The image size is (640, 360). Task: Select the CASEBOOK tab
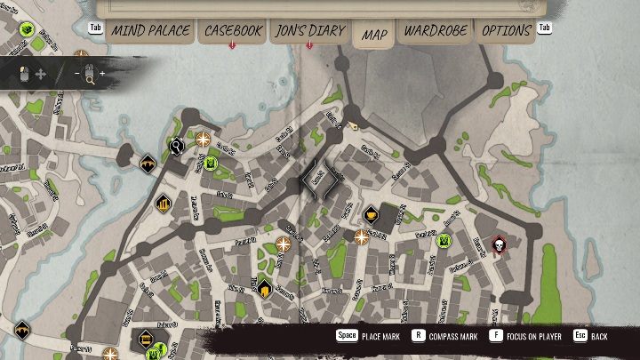[x=233, y=31]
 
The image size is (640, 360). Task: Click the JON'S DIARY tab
[x=310, y=31]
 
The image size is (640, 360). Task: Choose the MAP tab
[x=374, y=35]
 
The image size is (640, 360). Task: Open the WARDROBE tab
[x=435, y=31]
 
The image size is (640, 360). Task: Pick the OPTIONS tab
[x=506, y=31]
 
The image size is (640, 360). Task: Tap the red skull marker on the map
[x=498, y=245]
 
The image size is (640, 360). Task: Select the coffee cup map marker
[x=371, y=214]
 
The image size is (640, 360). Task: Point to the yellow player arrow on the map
[x=354, y=126]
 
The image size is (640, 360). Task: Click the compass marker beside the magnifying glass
[x=203, y=139]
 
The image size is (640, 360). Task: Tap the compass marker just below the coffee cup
[x=361, y=236]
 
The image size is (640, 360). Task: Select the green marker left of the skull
[x=444, y=240]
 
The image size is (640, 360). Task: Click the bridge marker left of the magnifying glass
[x=148, y=163]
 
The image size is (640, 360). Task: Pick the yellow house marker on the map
[x=264, y=286]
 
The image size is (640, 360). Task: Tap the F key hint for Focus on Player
[x=496, y=337]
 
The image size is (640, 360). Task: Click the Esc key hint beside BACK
[x=580, y=337]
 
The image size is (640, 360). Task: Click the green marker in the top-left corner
[x=26, y=29]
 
